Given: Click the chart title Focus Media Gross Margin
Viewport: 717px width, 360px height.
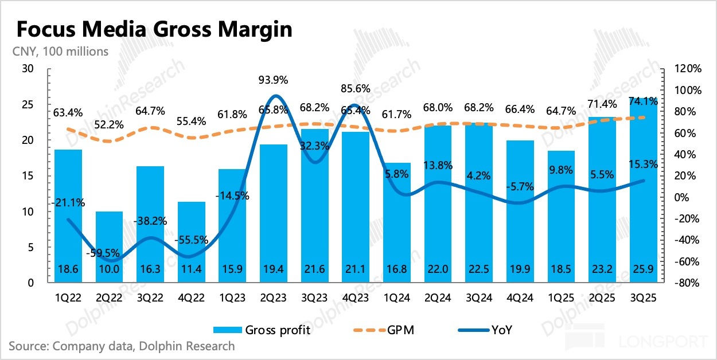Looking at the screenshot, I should point(154,29).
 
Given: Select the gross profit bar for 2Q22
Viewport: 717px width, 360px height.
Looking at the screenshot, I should point(109,247).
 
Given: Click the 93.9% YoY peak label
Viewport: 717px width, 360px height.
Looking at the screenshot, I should point(272,79).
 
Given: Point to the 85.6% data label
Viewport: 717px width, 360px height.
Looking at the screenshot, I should point(354,89).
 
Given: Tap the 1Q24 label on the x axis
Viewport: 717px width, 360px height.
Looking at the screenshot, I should point(396,298).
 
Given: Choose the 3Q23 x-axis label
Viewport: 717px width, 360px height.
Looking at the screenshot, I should point(314,298).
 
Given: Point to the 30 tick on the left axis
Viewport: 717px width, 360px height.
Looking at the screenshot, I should point(28,69).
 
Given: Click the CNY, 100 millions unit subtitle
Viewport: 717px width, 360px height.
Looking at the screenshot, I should point(60,52).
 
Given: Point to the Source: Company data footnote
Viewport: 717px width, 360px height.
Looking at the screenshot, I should point(122,346).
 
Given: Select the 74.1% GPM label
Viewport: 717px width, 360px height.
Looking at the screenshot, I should point(642,101).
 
